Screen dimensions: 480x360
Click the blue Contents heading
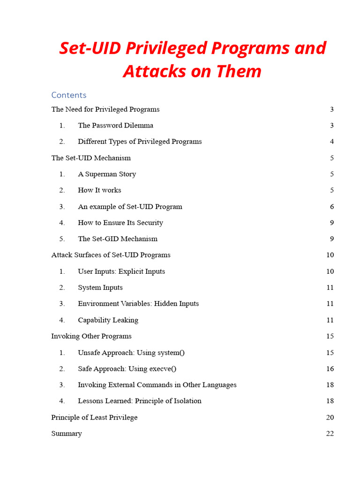tap(69, 95)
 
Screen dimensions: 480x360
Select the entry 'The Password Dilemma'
tap(115, 126)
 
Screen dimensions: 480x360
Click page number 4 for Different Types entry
tap(332, 142)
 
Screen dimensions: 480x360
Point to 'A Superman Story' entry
tap(107, 174)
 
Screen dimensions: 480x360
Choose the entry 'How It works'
tap(99, 190)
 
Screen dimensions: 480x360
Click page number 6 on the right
tap(332, 207)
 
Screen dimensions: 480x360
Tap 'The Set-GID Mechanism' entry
tap(118, 239)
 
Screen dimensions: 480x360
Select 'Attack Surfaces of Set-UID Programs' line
tap(111, 255)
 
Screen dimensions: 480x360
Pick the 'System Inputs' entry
tap(100, 288)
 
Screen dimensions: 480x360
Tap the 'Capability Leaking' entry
tap(108, 320)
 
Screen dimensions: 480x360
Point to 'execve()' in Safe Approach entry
tap(163, 369)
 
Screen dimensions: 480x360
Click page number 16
tap(330, 369)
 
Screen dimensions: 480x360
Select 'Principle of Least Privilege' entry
tap(94, 418)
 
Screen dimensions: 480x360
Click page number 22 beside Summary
tap(330, 434)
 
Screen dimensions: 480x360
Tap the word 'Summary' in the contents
tap(67, 434)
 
